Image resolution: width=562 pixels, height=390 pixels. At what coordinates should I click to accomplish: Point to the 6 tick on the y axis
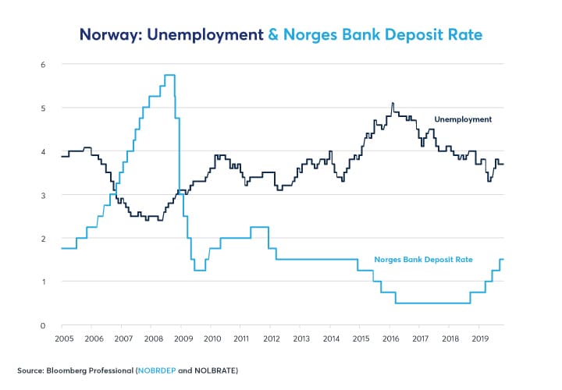(44, 64)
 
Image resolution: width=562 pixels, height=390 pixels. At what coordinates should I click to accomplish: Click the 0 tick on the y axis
(44, 324)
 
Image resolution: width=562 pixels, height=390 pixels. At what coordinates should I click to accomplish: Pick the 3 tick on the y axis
(44, 194)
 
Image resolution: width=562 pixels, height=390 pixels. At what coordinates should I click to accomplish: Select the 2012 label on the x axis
(271, 339)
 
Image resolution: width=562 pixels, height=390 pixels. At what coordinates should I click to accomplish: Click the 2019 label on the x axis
(480, 339)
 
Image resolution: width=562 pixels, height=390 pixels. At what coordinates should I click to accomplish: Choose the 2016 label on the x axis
(390, 339)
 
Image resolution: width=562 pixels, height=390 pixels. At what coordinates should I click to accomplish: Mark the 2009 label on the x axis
(182, 339)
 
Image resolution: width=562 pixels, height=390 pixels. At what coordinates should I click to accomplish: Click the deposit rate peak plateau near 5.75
(169, 75)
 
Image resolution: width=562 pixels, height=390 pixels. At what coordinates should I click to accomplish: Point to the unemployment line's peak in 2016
(393, 103)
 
